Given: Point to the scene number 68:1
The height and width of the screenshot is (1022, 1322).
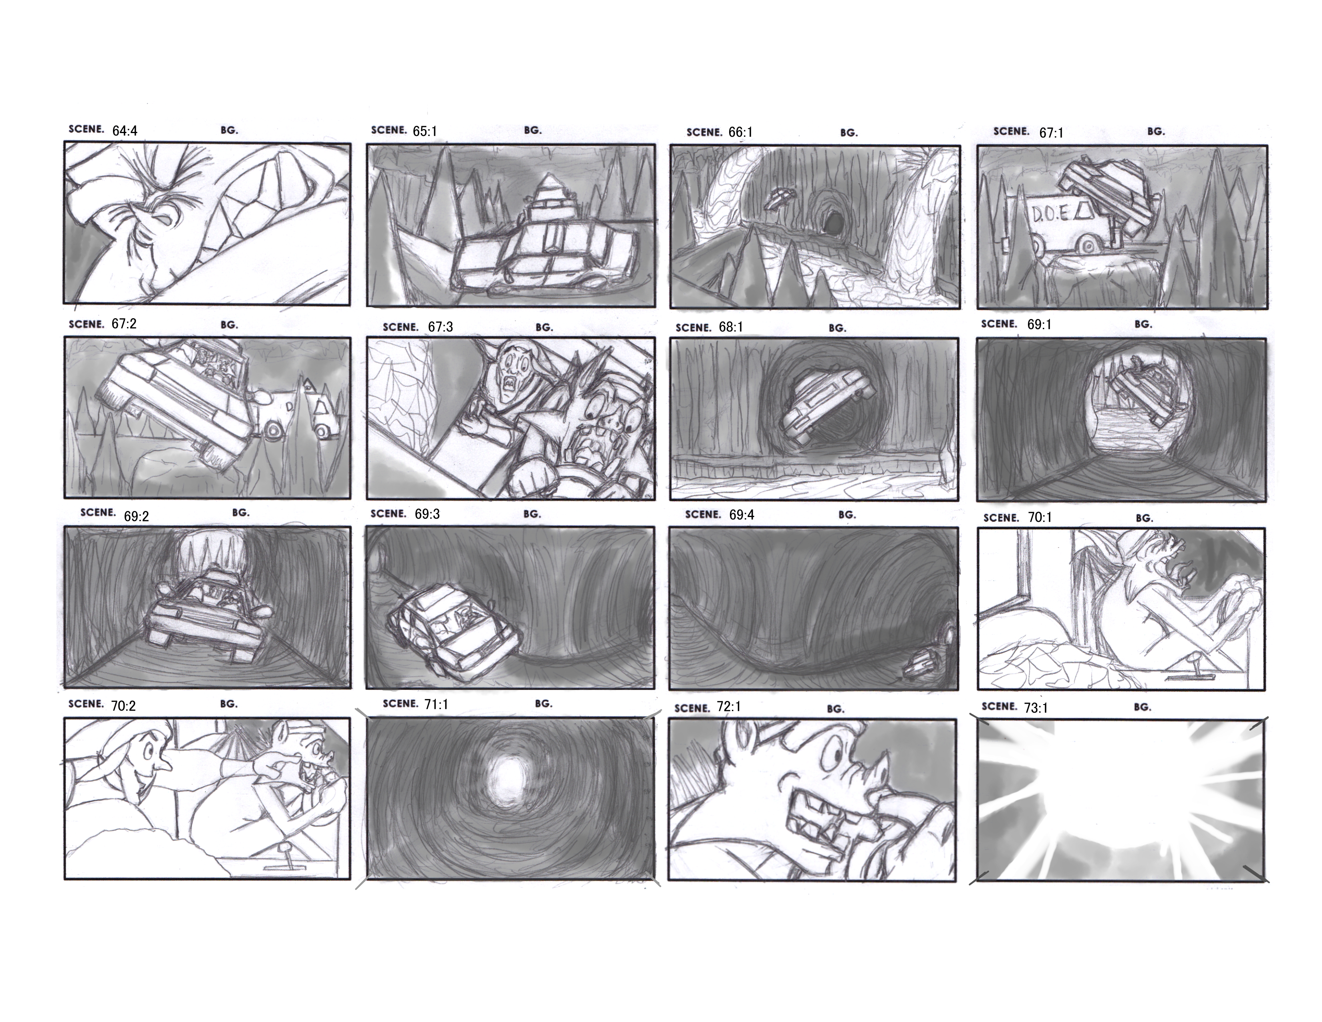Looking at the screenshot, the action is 731,327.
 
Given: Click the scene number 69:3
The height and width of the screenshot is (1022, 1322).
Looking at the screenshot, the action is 427,515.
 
